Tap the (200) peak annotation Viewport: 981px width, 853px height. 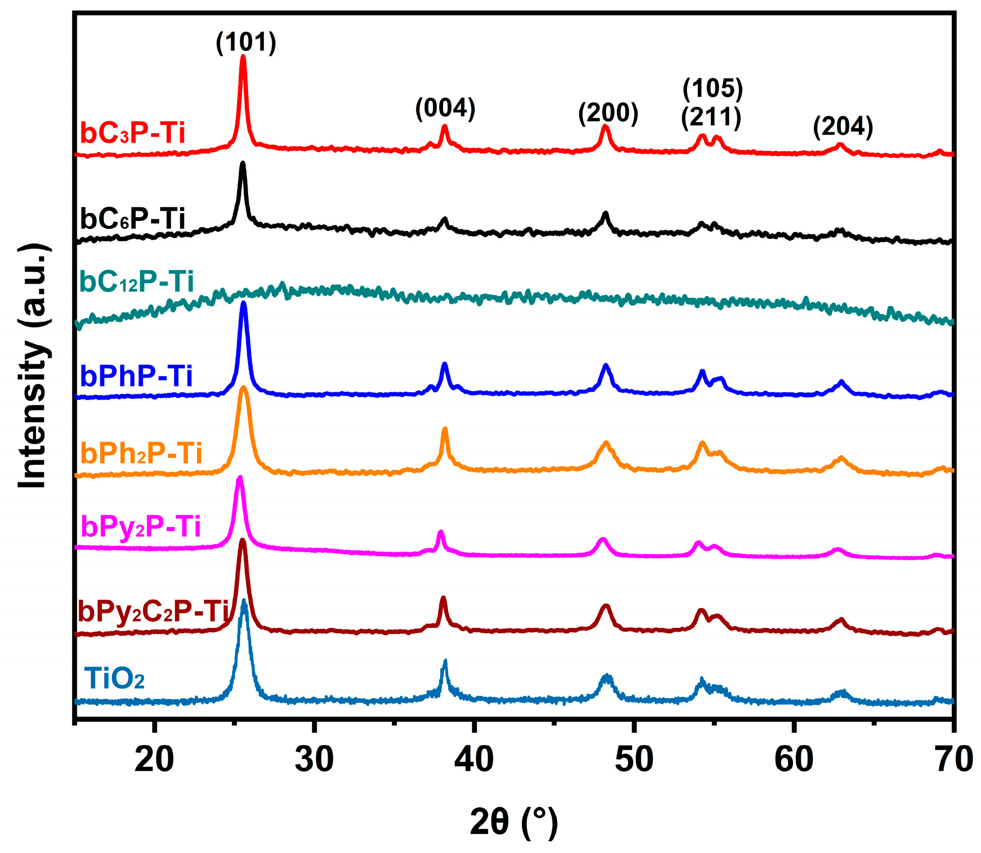tap(608, 113)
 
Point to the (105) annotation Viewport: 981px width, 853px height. tap(713, 88)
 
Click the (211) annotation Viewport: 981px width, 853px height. tap(711, 118)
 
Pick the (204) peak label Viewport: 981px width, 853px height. tap(843, 126)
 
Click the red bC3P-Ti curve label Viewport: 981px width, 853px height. tap(133, 133)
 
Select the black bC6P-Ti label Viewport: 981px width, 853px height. tap(133, 218)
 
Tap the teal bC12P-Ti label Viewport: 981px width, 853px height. tap(136, 282)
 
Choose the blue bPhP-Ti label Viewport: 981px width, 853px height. tap(136, 376)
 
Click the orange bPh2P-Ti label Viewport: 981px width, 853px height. tap(141, 453)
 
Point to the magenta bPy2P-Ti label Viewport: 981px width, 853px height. tap(141, 526)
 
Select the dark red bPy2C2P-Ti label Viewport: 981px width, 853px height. tap(153, 611)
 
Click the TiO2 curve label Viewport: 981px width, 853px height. tap(114, 679)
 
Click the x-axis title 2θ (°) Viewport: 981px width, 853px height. tap(513, 822)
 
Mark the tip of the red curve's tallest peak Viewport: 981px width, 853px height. tap(242, 56)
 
